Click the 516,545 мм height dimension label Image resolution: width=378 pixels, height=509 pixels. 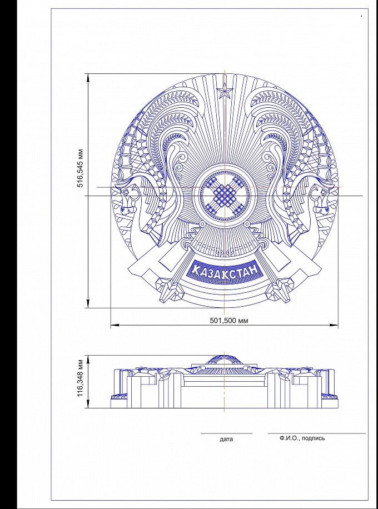tap(80, 168)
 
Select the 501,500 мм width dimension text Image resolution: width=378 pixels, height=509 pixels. tap(229, 321)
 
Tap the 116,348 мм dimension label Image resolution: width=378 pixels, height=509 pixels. tap(80, 377)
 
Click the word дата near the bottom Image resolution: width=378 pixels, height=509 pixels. tap(226, 440)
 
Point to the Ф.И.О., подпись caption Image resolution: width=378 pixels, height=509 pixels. tap(302, 438)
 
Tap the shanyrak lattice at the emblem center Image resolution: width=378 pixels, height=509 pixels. tap(225, 196)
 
